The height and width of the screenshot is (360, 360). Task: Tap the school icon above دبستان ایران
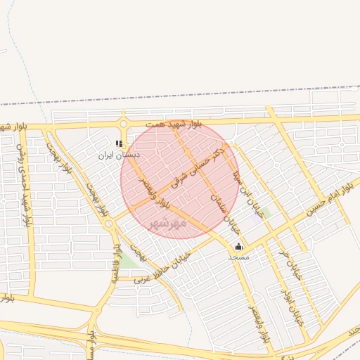(119, 143)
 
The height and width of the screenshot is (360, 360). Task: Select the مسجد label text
(238, 257)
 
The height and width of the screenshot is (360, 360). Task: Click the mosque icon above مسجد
(238, 247)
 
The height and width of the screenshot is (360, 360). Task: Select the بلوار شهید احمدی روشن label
(23, 181)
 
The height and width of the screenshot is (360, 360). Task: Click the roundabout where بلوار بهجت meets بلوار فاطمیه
(109, 224)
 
